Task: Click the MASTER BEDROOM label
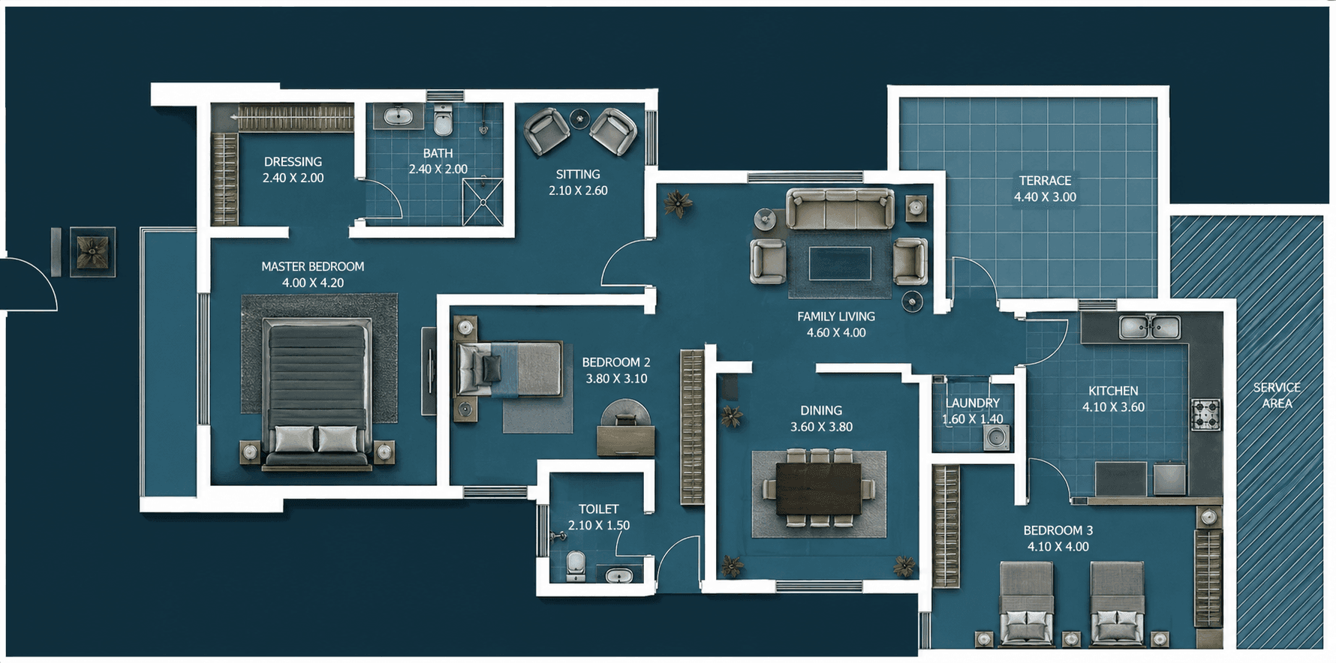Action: pos(313,266)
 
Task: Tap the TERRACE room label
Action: pos(1045,181)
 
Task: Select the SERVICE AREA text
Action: pos(1277,395)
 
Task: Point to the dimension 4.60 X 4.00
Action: pos(836,332)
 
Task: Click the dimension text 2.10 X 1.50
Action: pos(598,525)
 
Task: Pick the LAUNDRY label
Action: pos(973,403)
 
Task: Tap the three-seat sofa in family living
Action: pos(840,208)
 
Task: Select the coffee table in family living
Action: pos(840,263)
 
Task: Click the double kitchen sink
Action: pos(1149,327)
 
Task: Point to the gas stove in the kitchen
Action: pos(1205,415)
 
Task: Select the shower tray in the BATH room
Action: pos(483,201)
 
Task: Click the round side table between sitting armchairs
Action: pos(579,118)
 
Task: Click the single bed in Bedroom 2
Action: pos(510,368)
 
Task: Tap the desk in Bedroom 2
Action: pos(626,441)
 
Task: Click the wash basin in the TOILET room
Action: pos(619,576)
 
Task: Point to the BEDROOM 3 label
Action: pos(1058,530)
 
